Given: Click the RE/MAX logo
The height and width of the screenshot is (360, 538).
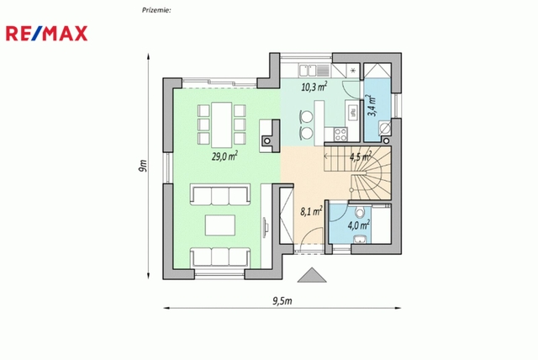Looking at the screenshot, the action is (47, 34).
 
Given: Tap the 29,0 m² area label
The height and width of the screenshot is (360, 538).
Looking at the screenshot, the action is (224, 156).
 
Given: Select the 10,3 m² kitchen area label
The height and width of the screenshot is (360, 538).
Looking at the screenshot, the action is (314, 87).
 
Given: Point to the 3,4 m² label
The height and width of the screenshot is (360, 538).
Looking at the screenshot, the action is (372, 105).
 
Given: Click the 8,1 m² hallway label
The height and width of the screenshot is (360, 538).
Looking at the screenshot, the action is (311, 211).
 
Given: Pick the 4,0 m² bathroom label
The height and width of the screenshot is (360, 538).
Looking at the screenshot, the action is (359, 225).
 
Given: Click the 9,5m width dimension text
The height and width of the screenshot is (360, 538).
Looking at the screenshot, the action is (282, 301).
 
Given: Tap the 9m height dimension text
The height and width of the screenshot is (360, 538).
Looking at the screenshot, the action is (143, 166).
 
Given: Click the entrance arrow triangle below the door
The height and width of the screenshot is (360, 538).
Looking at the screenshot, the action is (312, 275).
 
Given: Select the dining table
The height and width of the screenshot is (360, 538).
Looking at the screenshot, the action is (222, 124).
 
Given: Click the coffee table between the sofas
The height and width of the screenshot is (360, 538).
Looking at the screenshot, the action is (220, 225).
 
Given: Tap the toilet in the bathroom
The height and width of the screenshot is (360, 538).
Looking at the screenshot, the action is (360, 212).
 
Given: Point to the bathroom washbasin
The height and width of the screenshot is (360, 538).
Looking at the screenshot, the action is (361, 239).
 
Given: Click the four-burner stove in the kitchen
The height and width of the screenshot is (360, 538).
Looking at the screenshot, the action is (340, 134).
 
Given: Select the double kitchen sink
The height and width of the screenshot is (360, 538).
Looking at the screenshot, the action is (308, 71).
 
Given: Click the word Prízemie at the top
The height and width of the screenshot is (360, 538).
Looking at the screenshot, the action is (156, 10).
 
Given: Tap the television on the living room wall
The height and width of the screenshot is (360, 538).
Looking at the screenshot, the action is (266, 227).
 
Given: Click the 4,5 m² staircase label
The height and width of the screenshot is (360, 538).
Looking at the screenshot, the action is (361, 156).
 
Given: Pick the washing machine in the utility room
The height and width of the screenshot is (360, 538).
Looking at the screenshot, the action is (385, 129).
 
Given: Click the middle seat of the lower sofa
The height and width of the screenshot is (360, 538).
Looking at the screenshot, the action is (220, 257).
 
